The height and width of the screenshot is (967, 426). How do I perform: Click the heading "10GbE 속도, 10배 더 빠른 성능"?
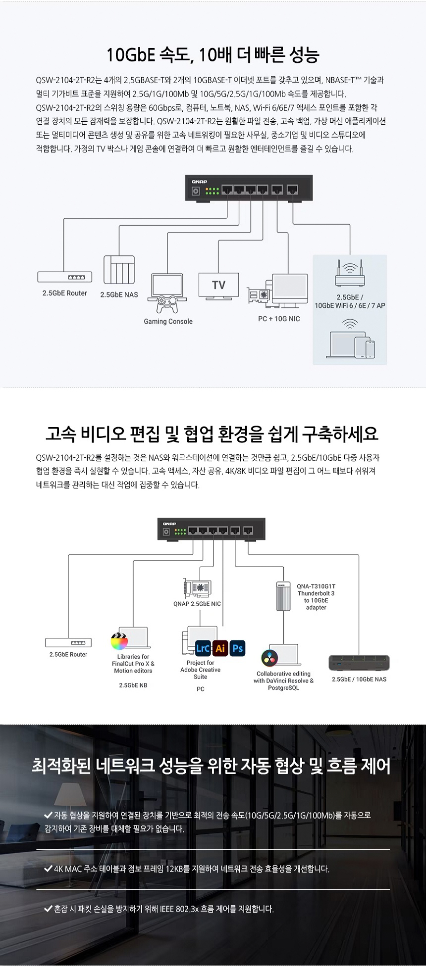(213, 55)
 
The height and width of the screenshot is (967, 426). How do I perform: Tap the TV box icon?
(218, 285)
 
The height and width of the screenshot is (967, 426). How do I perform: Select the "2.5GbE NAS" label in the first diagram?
(119, 294)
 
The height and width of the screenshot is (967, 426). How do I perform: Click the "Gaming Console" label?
(168, 321)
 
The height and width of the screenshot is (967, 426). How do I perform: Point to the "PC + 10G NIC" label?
(279, 319)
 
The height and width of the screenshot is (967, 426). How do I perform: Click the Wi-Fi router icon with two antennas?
(350, 275)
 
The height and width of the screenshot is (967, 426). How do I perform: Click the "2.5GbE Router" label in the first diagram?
(64, 293)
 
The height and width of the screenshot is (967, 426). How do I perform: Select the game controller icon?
(167, 304)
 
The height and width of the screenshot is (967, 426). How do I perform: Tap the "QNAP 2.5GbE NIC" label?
(197, 604)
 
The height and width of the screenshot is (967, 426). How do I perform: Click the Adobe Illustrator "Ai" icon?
(220, 648)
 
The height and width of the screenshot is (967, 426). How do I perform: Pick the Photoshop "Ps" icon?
(238, 648)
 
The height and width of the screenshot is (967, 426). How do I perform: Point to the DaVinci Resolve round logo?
(269, 657)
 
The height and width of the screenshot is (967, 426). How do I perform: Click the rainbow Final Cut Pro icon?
(119, 641)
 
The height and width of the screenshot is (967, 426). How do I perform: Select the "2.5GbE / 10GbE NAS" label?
(359, 679)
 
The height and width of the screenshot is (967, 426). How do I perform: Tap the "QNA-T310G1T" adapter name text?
(316, 586)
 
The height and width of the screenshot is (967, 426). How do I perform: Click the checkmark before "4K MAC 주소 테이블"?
(49, 868)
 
